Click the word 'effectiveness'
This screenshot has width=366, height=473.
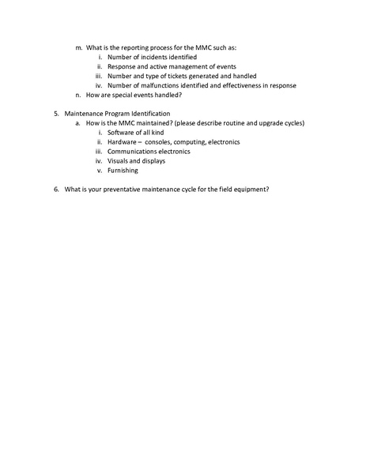(230, 85)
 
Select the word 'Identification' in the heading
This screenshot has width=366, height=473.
(149, 114)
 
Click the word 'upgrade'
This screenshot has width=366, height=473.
(274, 123)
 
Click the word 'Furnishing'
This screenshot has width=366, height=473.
(123, 171)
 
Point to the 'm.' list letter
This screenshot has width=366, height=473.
(78, 47)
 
